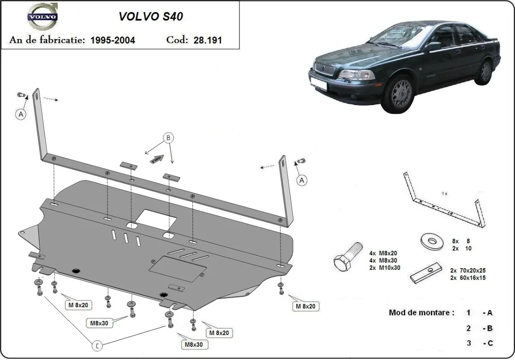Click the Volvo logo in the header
pyautogui.click(x=42, y=17)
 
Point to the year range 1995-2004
pyautogui.click(x=113, y=40)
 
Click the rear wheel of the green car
pyautogui.click(x=485, y=72)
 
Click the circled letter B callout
pyautogui.click(x=168, y=138)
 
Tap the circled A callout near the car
pyautogui.click(x=302, y=181)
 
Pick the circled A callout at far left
pyautogui.click(x=21, y=114)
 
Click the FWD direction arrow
pyautogui.click(x=158, y=158)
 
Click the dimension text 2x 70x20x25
pyautogui.click(x=467, y=271)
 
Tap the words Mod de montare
pyautogui.click(x=421, y=312)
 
